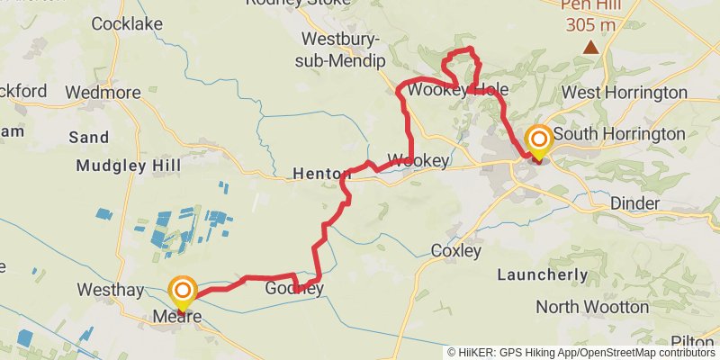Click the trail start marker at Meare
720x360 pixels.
pos(183,291)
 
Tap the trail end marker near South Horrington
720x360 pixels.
pos(539,140)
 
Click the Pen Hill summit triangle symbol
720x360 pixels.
pos(590,47)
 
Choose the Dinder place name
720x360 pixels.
pos(634,203)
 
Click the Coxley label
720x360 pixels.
pos(456,250)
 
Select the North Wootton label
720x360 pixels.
pos(592,307)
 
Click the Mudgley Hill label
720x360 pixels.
pos(129,166)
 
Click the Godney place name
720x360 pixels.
pos(293,289)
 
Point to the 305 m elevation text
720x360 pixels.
pos(590,24)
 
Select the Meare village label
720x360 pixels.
pos(176,317)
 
